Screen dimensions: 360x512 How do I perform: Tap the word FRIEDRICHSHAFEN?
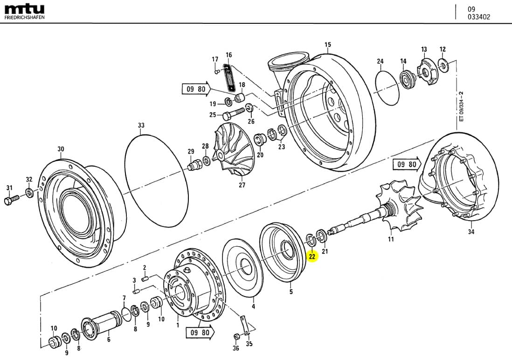(24, 17)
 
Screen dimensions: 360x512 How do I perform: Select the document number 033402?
(479, 17)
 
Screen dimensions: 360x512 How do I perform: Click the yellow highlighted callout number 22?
(312, 256)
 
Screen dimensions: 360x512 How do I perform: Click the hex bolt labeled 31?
(10, 201)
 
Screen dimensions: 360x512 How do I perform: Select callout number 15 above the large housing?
(327, 45)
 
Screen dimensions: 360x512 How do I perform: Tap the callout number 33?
(141, 125)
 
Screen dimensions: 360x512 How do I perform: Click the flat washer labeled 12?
(443, 66)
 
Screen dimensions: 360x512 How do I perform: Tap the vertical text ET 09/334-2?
(461, 108)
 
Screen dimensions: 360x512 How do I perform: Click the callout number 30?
(61, 149)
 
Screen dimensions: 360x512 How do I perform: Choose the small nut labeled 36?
(236, 336)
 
